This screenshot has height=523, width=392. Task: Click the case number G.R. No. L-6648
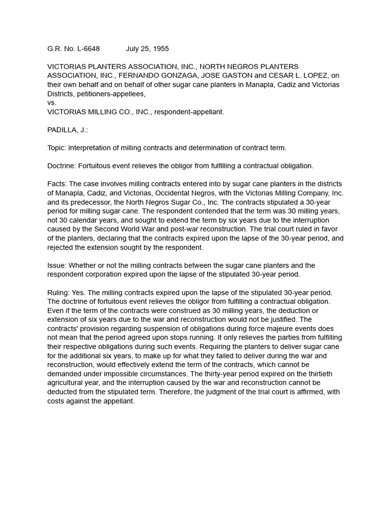[73, 49]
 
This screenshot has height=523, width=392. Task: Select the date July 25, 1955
[147, 49]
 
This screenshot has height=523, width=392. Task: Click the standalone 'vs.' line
[52, 103]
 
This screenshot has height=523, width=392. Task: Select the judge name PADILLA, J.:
[67, 130]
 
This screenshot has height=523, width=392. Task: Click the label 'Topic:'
[58, 148]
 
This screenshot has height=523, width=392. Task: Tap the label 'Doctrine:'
[63, 166]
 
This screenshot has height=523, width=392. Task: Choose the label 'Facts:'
[57, 184]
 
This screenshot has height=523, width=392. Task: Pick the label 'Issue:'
[57, 265]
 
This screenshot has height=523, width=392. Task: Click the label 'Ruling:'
[60, 292]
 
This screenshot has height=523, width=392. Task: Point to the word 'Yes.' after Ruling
[82, 292]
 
